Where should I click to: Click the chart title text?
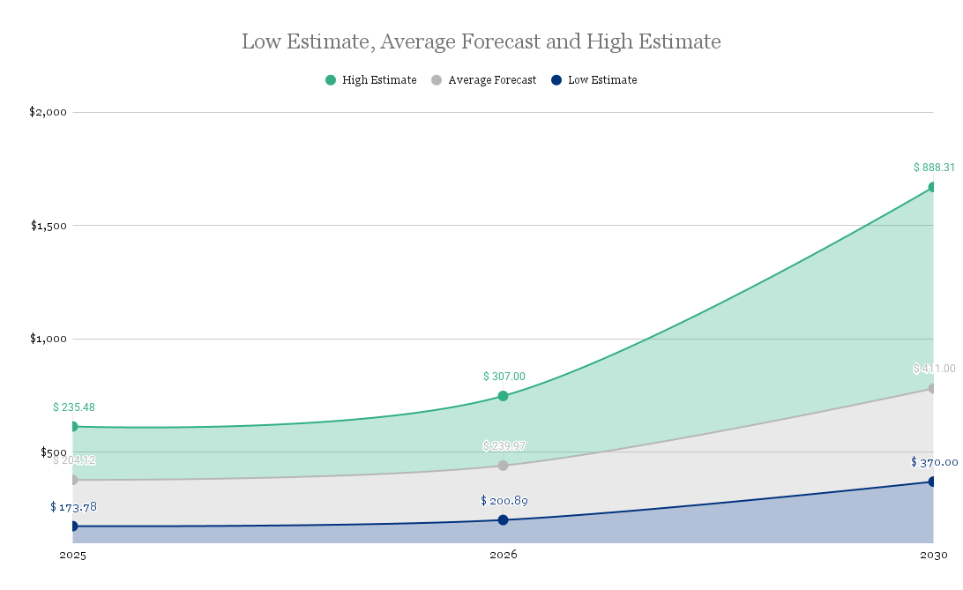[x=481, y=41]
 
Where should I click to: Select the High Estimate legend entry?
[x=370, y=80]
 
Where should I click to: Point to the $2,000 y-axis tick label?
[x=49, y=112]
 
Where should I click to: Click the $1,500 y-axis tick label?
[x=49, y=225]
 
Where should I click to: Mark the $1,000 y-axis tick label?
[x=49, y=339]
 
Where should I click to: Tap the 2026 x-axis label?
[x=503, y=556]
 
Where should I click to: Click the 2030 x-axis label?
[x=933, y=556]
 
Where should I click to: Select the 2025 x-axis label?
[x=73, y=556]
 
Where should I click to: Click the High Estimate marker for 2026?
[x=503, y=396]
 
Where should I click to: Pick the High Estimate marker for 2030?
[x=932, y=187]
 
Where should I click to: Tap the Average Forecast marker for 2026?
[x=503, y=466]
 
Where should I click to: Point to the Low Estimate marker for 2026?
[x=503, y=520]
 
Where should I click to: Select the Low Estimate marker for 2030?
[x=932, y=482]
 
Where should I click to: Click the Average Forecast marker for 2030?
[x=932, y=388]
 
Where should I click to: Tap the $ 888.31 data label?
[x=934, y=168]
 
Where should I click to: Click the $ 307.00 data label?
[x=504, y=377]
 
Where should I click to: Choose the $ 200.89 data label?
[x=504, y=501]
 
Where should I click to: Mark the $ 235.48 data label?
[x=74, y=407]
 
